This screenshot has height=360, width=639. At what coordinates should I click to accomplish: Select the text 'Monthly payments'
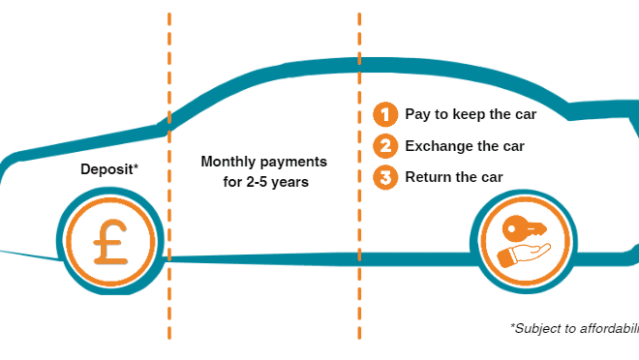pyautogui.click(x=263, y=162)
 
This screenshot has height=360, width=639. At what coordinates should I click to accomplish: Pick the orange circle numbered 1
pyautogui.click(x=385, y=115)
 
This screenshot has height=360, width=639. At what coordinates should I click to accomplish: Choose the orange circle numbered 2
pyautogui.click(x=385, y=146)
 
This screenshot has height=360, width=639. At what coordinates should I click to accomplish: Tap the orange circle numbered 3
pyautogui.click(x=385, y=177)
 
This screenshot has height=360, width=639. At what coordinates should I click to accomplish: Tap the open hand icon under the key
pyautogui.click(x=523, y=254)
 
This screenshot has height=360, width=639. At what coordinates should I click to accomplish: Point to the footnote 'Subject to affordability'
pyautogui.click(x=574, y=329)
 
